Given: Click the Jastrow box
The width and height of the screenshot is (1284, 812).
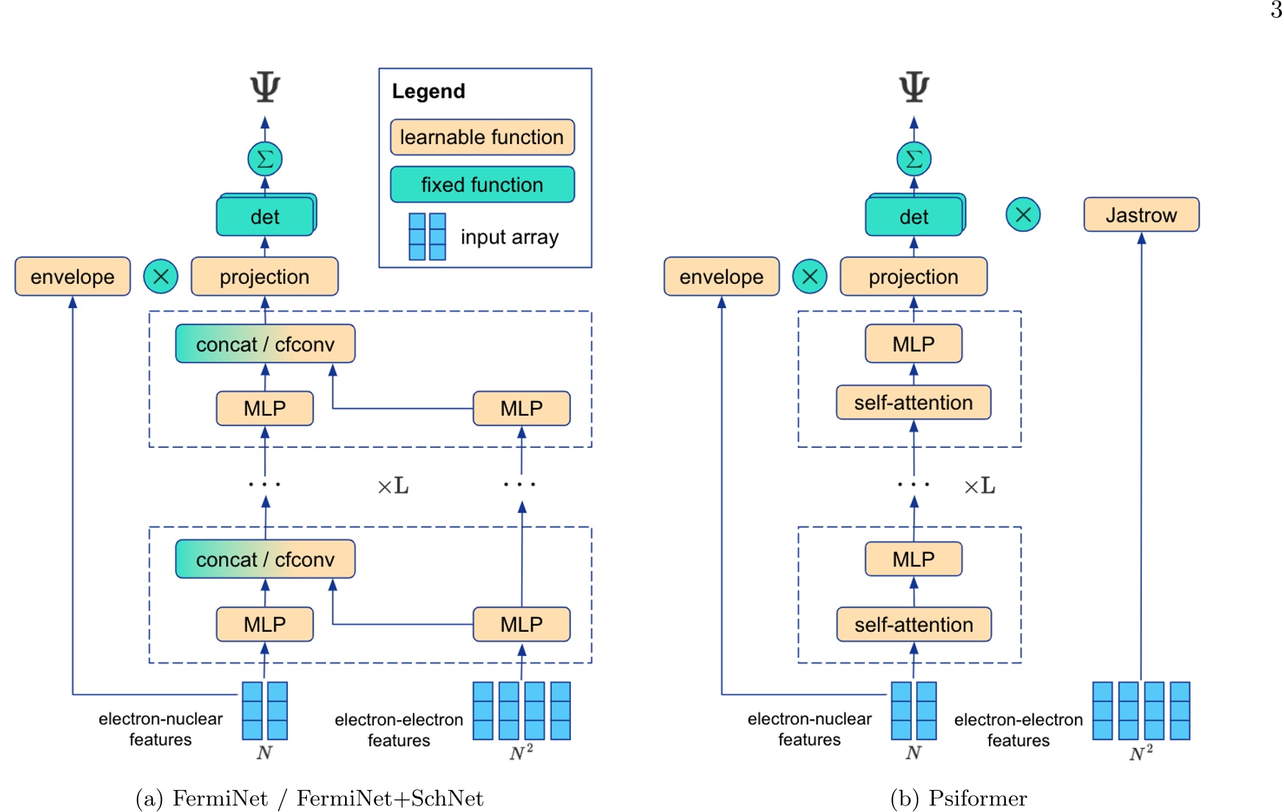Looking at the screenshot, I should pos(1141,215).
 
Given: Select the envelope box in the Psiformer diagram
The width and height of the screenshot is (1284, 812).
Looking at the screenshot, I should pos(721,277).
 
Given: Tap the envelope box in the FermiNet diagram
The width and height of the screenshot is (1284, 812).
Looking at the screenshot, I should pos(72,277).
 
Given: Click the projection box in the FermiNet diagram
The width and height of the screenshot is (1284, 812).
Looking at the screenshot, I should pos(264,277).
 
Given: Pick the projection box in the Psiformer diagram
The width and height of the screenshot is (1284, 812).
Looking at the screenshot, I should pos(913,277).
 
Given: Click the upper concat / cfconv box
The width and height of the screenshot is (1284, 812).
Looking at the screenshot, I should pos(265,344).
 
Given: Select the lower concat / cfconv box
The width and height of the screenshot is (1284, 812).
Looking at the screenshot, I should pos(265,560).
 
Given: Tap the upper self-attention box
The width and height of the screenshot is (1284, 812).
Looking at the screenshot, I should pos(913,402).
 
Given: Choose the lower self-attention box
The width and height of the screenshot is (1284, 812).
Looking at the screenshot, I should pos(913,624).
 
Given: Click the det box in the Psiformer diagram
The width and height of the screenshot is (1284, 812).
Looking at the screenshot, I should pos(913,216).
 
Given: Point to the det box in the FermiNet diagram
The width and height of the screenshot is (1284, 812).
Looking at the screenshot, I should pos(265,216).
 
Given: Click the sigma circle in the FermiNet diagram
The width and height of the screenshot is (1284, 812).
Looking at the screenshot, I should pos(265,159).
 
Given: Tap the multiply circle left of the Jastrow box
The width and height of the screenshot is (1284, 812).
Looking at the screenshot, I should pos(1023,215).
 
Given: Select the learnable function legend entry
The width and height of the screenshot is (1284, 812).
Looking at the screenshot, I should pos(482,138).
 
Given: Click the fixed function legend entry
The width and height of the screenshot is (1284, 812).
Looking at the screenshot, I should pos(482,185).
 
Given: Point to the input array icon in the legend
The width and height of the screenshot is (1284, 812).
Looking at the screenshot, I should pos(428,237).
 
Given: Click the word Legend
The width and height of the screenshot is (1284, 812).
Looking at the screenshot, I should pos(428,91).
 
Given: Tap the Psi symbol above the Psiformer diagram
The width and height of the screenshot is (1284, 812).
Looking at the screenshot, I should pos(914,87).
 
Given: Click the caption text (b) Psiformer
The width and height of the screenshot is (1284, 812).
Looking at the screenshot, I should pos(958,798).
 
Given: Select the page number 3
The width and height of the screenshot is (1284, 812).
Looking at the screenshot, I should pos(1276,10).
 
